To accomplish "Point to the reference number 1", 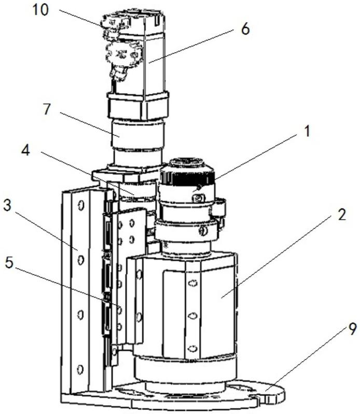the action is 307,131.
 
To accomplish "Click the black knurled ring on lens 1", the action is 187,178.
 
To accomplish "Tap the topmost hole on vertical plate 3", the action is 80,207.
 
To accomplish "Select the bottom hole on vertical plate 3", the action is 80,369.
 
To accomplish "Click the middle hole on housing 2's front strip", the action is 192,315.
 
